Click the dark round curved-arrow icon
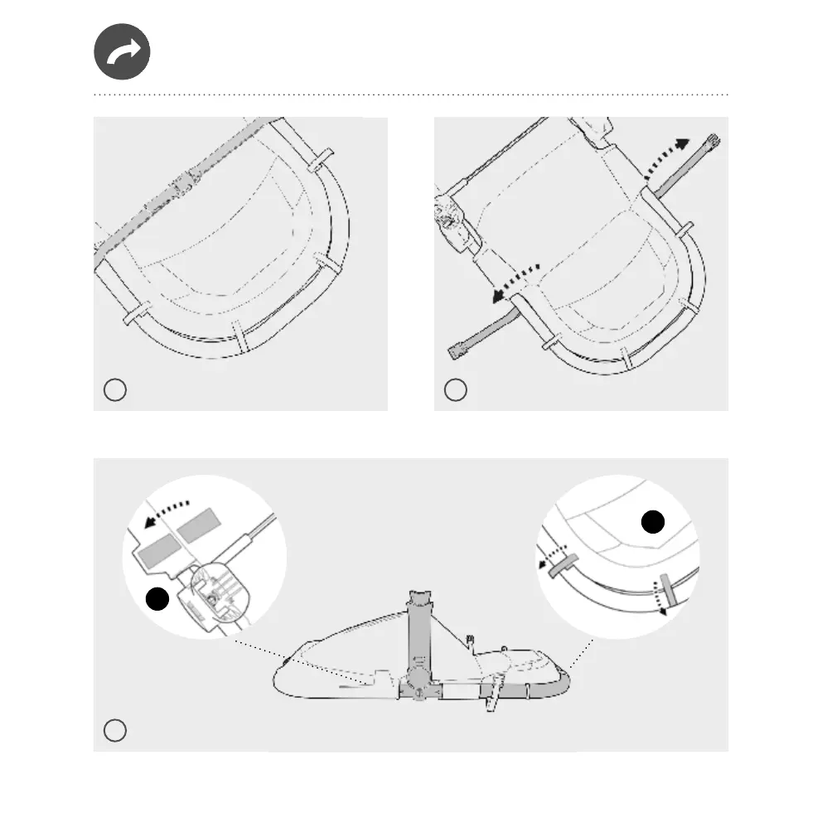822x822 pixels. [x=122, y=51]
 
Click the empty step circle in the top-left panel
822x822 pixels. [x=114, y=389]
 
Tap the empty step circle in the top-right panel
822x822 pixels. [x=455, y=389]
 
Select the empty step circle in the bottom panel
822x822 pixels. [x=114, y=730]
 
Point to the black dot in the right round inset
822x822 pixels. [x=653, y=522]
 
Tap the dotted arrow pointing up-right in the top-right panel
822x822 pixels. [x=667, y=157]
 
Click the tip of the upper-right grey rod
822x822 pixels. [x=713, y=141]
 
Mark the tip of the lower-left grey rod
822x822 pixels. [x=455, y=353]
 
